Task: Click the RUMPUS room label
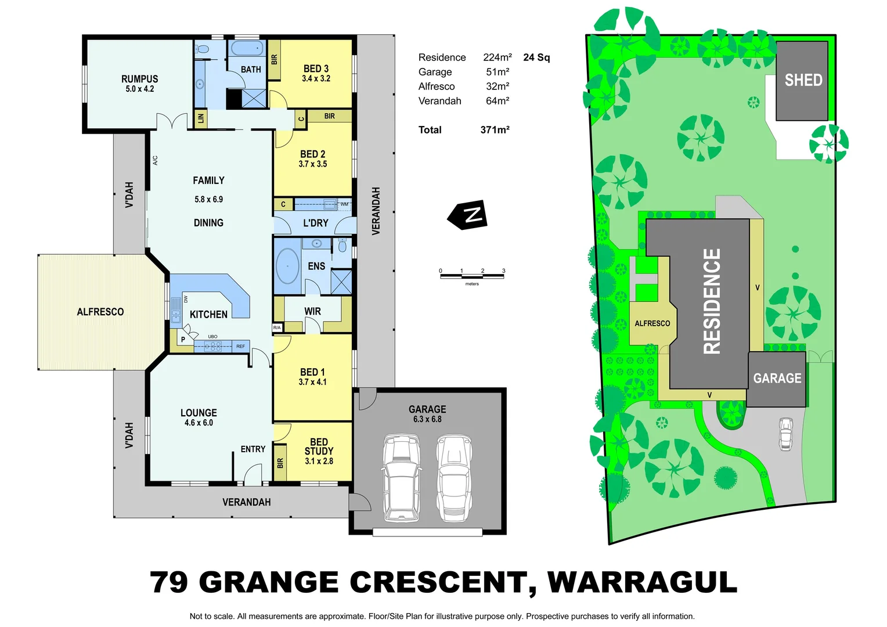[x=139, y=80]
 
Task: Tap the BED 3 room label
[x=316, y=69]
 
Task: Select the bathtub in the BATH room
[x=247, y=48]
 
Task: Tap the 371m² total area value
[x=495, y=130]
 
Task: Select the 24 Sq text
[x=536, y=57]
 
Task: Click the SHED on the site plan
[x=802, y=80]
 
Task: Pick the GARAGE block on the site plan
[x=777, y=379]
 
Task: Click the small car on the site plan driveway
[x=785, y=434]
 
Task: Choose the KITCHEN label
[x=208, y=315]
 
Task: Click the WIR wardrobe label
[x=312, y=312]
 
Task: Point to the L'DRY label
[x=316, y=223]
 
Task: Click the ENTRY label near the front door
[x=253, y=449]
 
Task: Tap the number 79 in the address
[x=169, y=582]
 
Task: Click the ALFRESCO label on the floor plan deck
[x=100, y=312]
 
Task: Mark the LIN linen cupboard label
[x=201, y=118]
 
